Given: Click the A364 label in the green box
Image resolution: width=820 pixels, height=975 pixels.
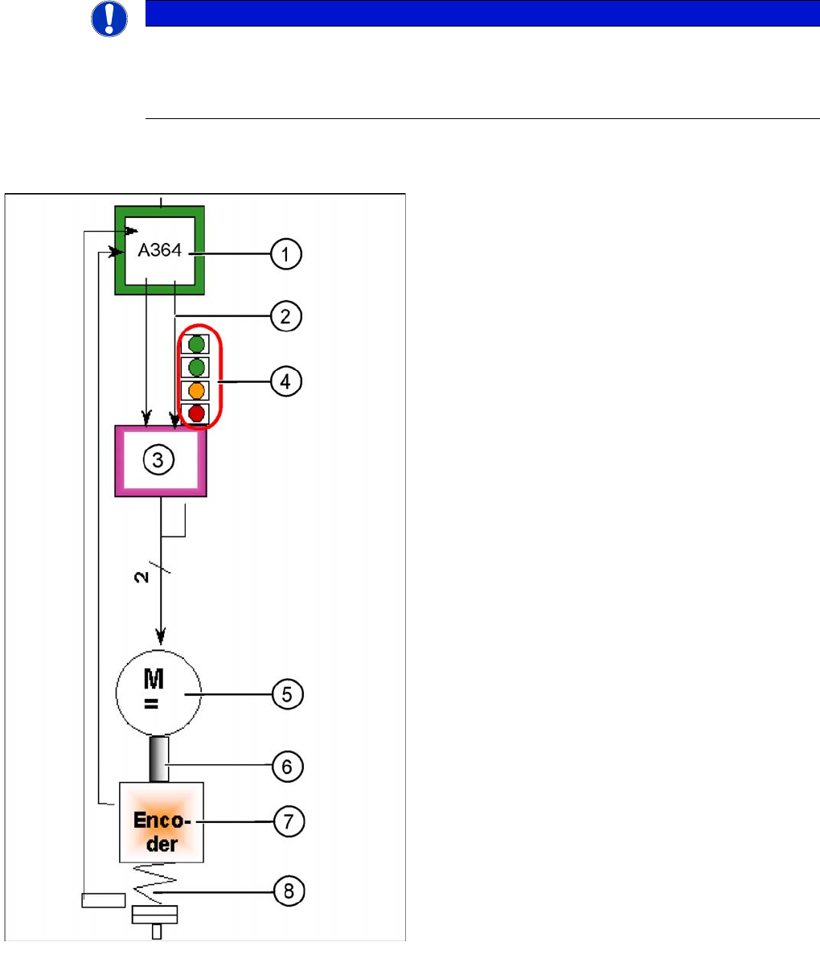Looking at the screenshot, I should coord(160,250).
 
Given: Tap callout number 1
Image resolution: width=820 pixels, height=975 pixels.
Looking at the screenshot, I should coord(285,255).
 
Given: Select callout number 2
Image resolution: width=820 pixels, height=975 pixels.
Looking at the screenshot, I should coord(285,316).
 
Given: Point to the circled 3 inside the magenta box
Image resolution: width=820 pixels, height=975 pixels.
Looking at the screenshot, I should coord(158,459).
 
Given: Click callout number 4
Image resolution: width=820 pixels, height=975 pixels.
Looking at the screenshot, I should coord(285,381).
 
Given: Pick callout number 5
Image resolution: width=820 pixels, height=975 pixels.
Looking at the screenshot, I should coord(288,693).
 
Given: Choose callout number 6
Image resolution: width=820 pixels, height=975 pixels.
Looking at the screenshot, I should coord(288,767).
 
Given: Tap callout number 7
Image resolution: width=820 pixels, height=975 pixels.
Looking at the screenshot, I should coord(288,821).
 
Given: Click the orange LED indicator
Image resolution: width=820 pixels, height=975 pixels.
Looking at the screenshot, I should coord(196,391).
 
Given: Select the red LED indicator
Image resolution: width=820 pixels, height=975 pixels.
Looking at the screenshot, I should coord(196,414).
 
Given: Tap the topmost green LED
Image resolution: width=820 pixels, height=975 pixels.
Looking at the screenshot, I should coord(196,344).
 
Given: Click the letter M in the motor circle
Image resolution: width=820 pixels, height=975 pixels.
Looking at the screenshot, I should coord(154,680).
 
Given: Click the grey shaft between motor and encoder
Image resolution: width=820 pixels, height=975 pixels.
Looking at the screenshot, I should coord(159,759).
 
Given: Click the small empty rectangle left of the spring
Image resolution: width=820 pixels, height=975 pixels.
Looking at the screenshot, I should coord(104,899).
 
